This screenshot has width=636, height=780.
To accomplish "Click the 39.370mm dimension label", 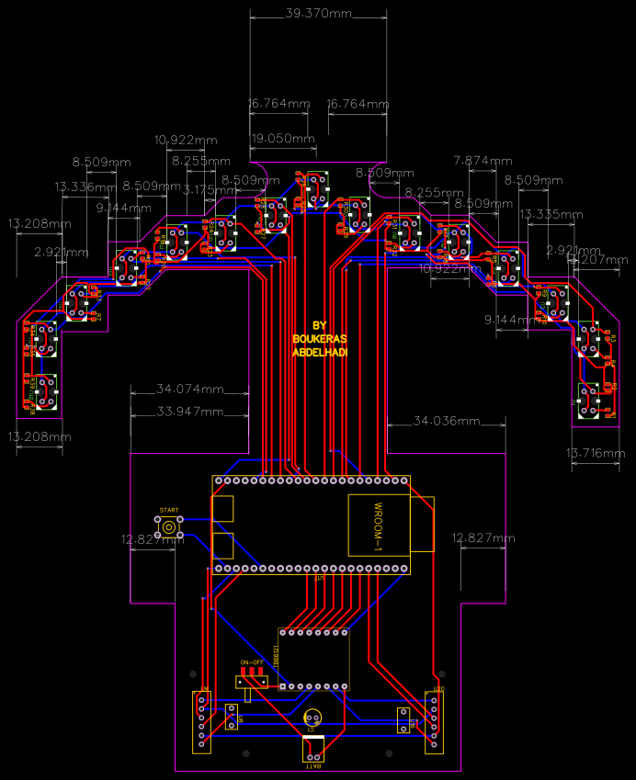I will [319, 14].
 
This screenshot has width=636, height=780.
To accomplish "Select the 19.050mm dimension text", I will [283, 138].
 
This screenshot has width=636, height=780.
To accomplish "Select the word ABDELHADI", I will [320, 353].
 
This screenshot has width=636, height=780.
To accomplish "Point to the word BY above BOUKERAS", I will [320, 325].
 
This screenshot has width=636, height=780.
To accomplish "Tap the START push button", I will [169, 526].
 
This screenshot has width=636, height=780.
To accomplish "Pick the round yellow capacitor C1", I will [313, 718].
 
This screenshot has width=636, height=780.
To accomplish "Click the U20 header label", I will [438, 689].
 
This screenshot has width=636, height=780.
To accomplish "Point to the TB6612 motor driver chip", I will [313, 659].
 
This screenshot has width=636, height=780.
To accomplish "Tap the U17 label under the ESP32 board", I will [319, 579].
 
